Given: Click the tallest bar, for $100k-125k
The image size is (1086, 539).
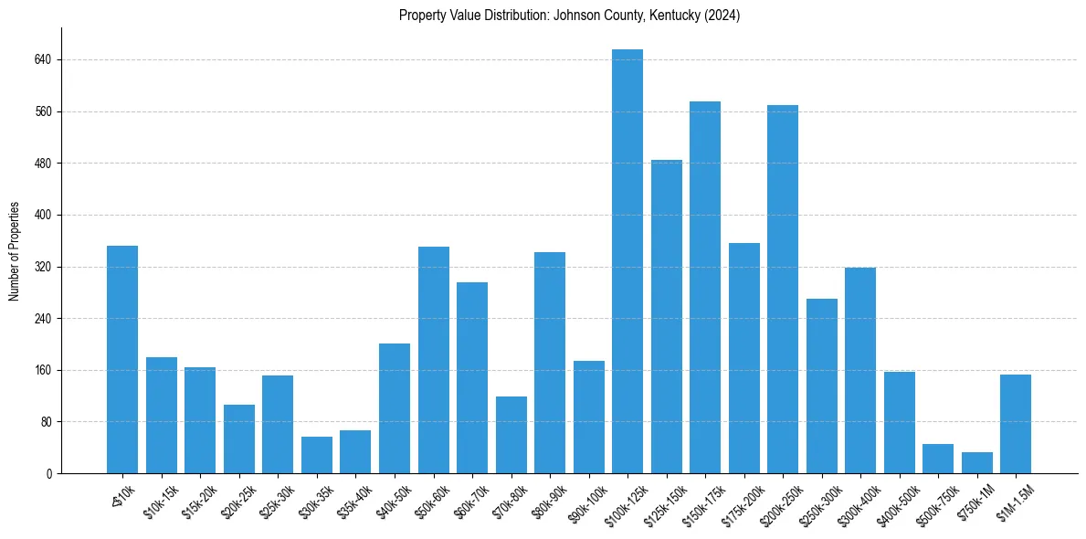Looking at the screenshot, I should click(627, 261).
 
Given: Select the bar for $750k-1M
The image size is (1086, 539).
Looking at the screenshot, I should click(976, 463).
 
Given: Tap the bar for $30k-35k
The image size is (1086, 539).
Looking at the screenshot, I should click(317, 455).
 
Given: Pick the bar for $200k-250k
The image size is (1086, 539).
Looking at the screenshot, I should click(783, 290).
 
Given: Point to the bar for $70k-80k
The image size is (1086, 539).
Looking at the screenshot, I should click(511, 435).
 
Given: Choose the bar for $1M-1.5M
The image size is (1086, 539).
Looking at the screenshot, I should click(1016, 424).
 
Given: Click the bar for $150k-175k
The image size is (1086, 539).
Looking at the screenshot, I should click(705, 288).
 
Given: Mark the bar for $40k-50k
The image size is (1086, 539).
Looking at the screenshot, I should click(395, 408).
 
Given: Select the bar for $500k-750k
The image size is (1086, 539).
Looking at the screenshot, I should click(938, 459).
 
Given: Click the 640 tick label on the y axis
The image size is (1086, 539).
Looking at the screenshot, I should click(43, 60).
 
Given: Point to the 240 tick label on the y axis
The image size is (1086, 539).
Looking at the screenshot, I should click(43, 319).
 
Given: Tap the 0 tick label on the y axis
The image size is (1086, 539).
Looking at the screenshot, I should click(49, 474).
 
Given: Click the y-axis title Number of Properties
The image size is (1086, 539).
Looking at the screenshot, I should click(14, 251).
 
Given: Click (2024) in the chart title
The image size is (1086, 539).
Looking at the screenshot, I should click(722, 16).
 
